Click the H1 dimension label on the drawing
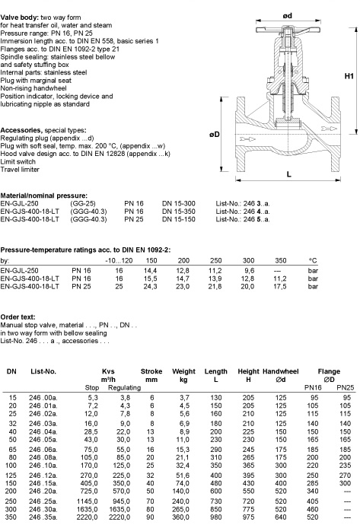349,76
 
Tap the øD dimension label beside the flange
215,135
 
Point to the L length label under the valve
288,174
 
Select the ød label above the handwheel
288,16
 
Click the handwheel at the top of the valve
288,30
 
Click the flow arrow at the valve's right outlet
329,129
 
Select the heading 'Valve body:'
20,17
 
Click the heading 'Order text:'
18,317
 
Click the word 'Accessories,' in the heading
21,130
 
